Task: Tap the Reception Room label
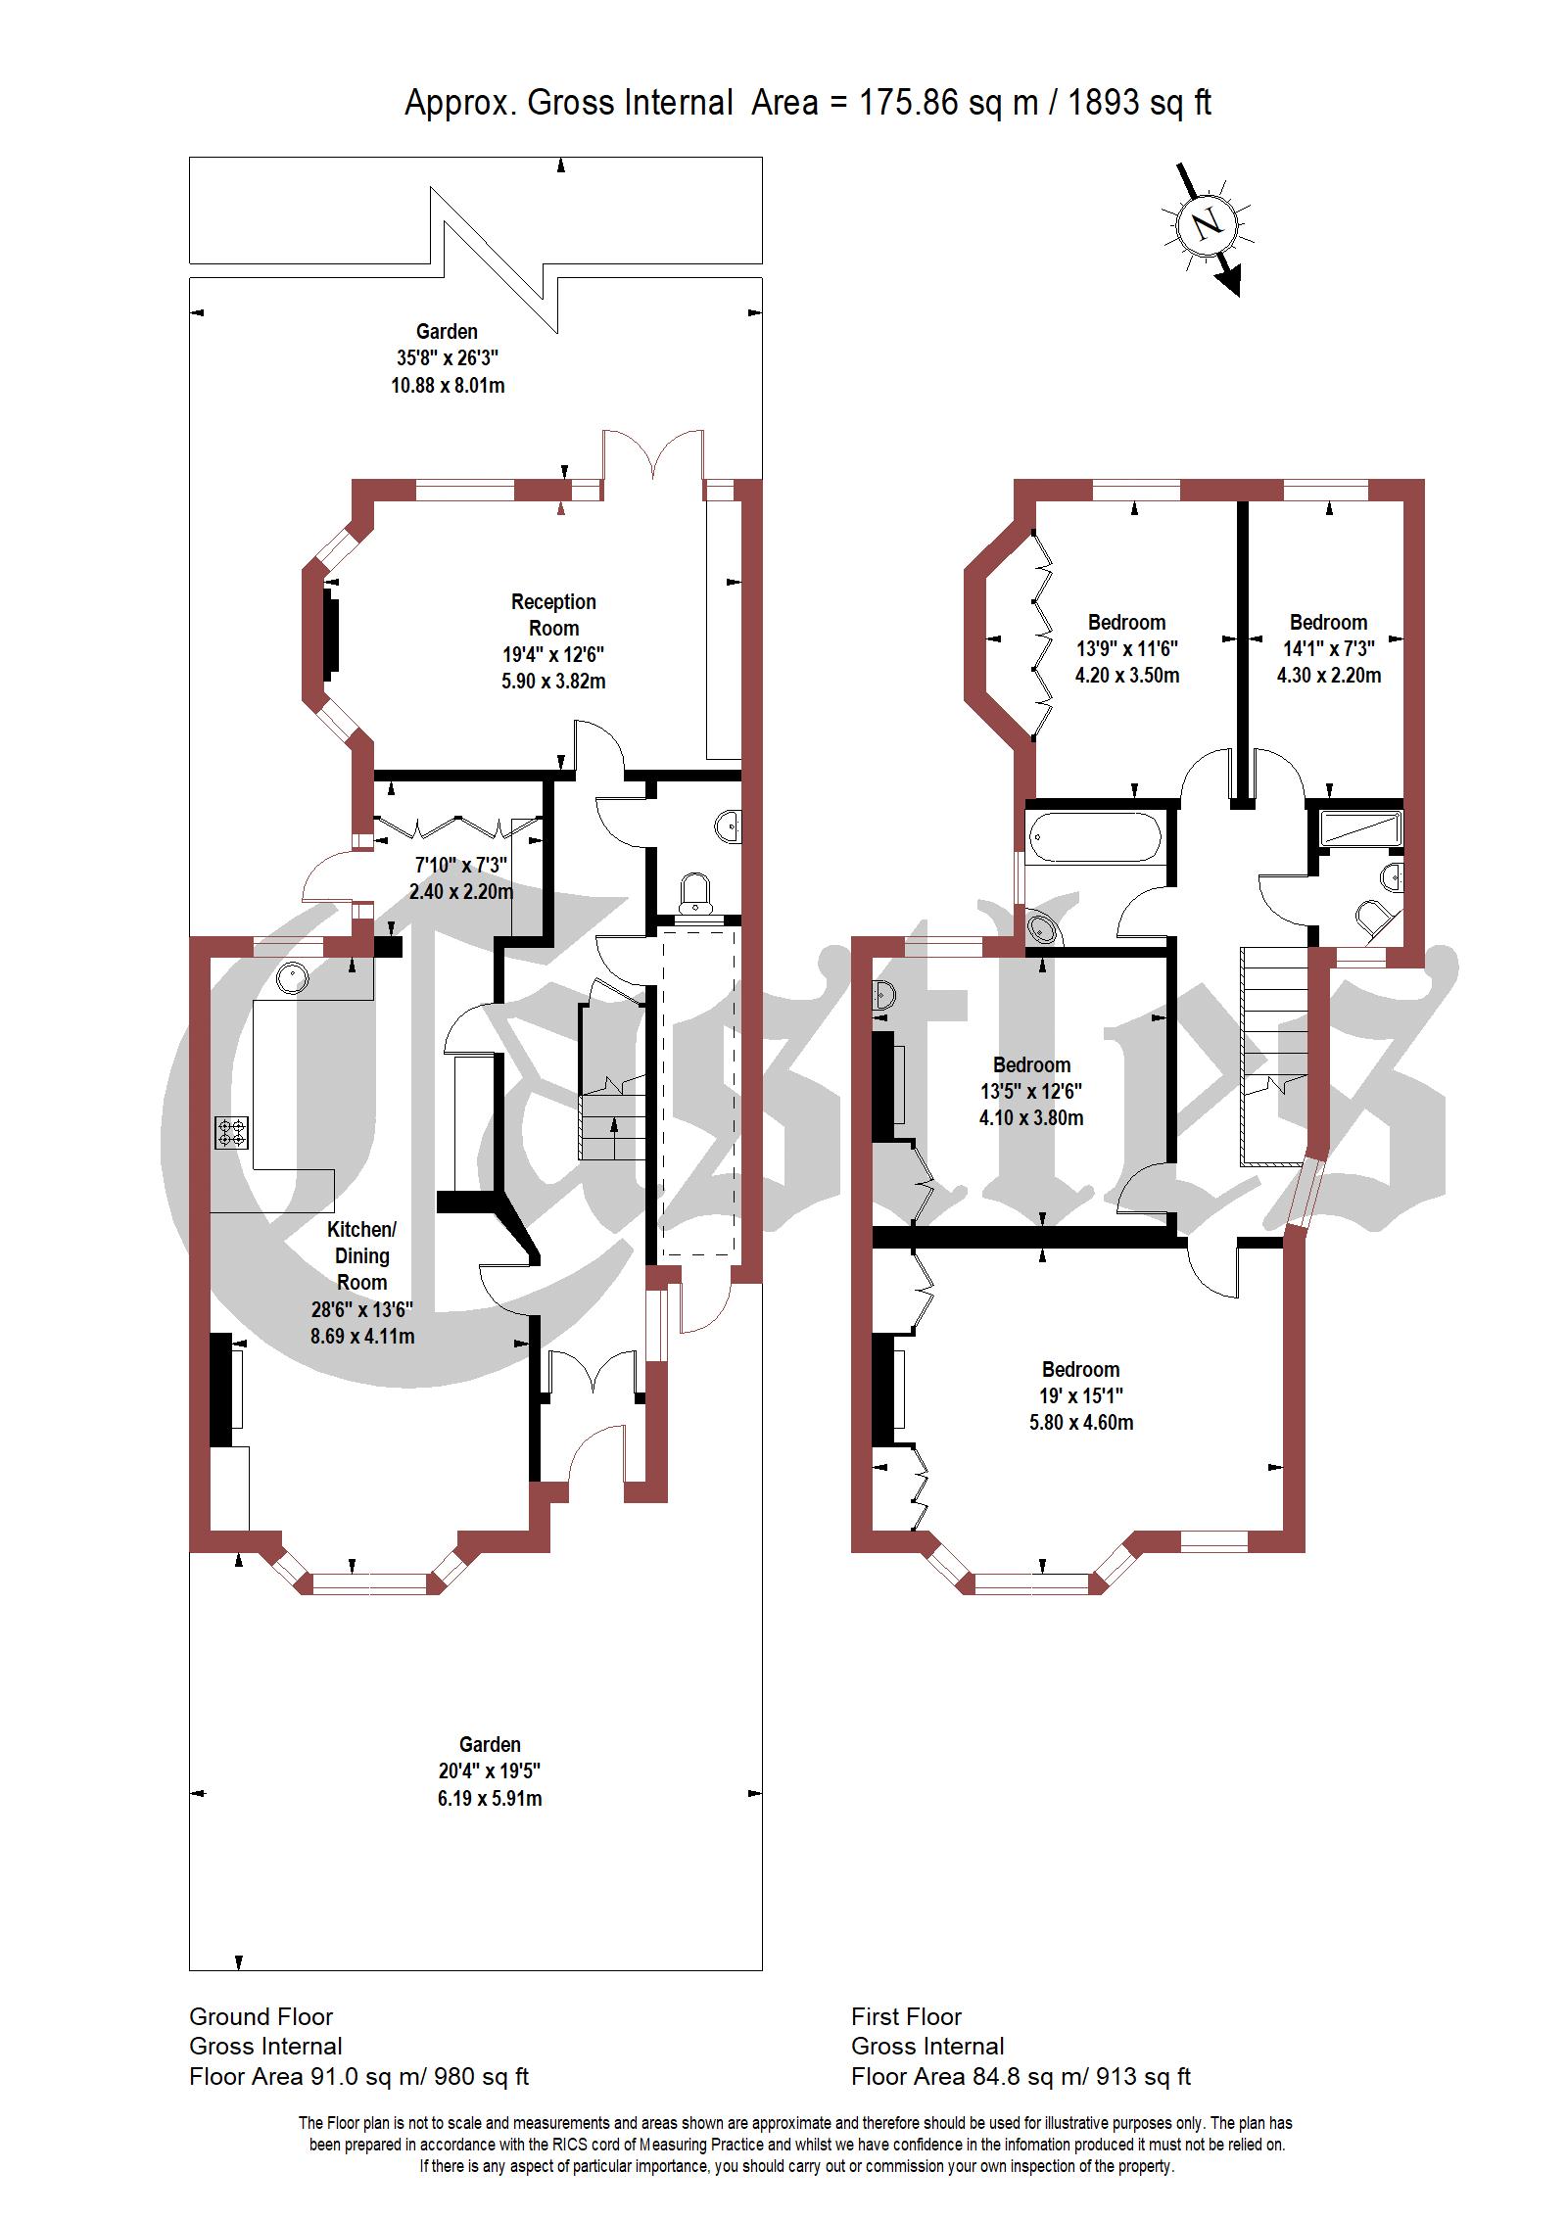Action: click(x=553, y=615)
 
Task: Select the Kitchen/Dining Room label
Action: click(x=362, y=1255)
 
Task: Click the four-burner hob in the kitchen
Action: click(x=232, y=1133)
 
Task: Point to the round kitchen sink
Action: click(x=293, y=976)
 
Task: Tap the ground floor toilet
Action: click(x=696, y=892)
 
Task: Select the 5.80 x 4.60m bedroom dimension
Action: click(x=1081, y=1422)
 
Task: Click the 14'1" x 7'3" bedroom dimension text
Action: click(x=1329, y=648)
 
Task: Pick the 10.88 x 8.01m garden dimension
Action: click(x=448, y=385)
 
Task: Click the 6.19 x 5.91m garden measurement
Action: click(x=490, y=1798)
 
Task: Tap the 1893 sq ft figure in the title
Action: click(x=1139, y=102)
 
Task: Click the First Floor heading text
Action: click(x=906, y=2016)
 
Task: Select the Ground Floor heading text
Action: click(x=261, y=2016)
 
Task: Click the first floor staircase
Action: click(x=1274, y=1057)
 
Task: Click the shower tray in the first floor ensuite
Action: click(x=1360, y=828)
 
